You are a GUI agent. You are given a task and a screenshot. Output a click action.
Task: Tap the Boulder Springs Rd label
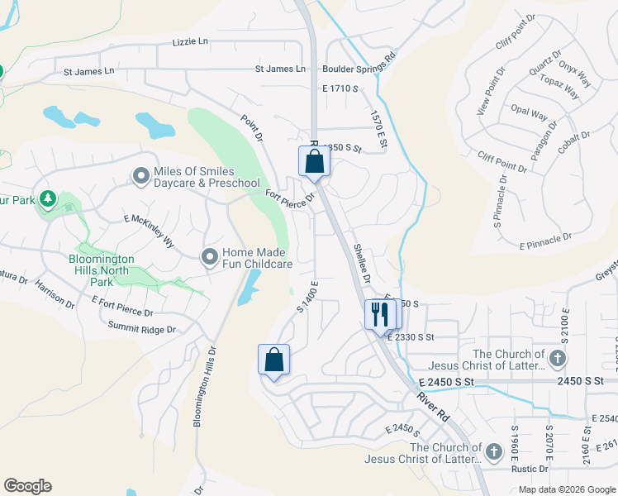coord(359,69)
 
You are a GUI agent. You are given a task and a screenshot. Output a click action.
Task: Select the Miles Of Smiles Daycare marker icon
coord(140,176)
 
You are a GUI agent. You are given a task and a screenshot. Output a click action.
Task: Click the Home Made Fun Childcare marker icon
coord(210,256)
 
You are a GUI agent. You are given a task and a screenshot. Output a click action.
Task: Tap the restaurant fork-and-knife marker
coord(379,315)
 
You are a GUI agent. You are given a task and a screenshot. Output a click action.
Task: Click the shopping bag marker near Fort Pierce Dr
coord(314,161)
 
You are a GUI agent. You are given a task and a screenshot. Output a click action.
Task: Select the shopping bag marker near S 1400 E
coord(274,360)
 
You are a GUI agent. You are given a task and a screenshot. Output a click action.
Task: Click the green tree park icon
coord(48,198)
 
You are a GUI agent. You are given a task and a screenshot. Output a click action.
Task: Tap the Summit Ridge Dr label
coord(142,329)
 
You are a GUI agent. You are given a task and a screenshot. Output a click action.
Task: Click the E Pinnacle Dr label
coord(545,241)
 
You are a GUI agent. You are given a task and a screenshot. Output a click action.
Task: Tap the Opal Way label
coord(529,114)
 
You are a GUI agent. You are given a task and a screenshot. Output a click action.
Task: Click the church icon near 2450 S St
coord(558,358)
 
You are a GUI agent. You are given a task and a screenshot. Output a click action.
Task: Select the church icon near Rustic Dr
coord(493,451)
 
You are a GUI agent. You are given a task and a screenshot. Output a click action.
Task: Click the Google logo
coord(27,486)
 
